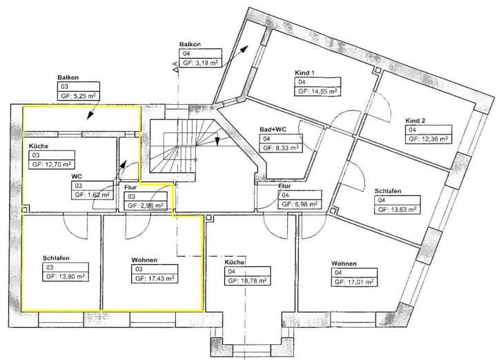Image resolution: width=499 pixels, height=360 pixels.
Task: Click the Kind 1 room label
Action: point(304,73)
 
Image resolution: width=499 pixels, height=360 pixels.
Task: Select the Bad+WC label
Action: point(273,130)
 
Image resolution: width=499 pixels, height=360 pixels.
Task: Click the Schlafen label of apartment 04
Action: point(388,191)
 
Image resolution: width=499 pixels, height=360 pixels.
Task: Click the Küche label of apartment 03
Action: point(39,146)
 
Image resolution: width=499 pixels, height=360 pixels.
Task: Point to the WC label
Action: point(77,177)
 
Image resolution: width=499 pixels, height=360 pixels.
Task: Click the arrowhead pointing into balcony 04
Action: point(244,49)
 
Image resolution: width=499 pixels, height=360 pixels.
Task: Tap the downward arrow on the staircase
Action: point(217,141)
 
